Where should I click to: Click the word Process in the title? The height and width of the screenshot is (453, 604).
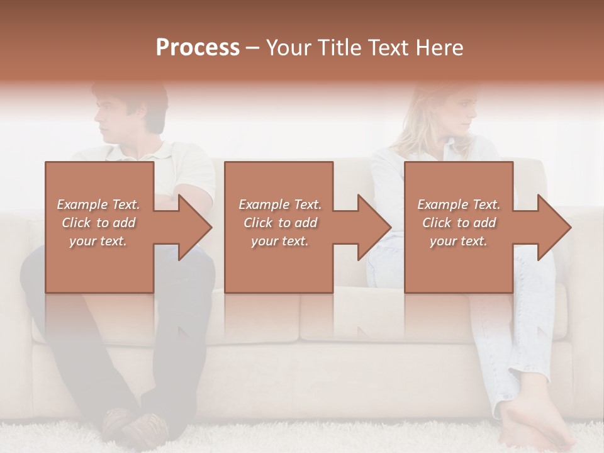[x=198, y=48]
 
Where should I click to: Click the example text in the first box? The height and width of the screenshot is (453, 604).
[x=98, y=223]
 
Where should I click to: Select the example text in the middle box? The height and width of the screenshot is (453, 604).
[x=279, y=223]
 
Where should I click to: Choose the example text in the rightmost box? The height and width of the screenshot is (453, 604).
[x=459, y=223]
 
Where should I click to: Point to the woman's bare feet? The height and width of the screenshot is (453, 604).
[x=535, y=428]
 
